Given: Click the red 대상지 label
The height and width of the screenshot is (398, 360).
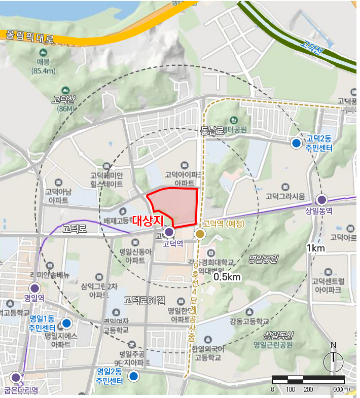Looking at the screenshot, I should [148, 221].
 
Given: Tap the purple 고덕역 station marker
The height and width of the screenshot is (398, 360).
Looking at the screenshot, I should [169, 232].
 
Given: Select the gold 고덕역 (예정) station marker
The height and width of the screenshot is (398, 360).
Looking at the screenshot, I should [200, 234].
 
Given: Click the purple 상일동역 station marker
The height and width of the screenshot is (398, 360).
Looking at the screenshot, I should [321, 199].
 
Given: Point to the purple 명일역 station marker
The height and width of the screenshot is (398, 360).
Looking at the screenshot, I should [34, 287].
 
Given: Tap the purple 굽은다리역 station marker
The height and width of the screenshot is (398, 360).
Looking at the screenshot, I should [16, 377].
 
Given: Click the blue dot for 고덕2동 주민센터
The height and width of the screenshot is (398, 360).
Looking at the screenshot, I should [296, 143].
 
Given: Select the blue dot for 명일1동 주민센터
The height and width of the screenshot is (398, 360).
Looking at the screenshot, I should [66, 323].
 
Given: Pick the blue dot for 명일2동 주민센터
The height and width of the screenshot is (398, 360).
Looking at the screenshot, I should [133, 376].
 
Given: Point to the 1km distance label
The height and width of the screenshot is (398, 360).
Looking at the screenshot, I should [315, 248].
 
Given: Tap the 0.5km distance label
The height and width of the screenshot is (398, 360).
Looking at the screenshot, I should [227, 277].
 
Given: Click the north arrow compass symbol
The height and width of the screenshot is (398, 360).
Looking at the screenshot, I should [333, 360].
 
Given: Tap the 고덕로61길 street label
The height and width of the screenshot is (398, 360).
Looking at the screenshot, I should [145, 300].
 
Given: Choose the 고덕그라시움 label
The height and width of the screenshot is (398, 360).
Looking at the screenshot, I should [285, 196].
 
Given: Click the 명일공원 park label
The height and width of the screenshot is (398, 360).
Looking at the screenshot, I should [263, 259].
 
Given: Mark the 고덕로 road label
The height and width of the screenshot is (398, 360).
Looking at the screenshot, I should [75, 229].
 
